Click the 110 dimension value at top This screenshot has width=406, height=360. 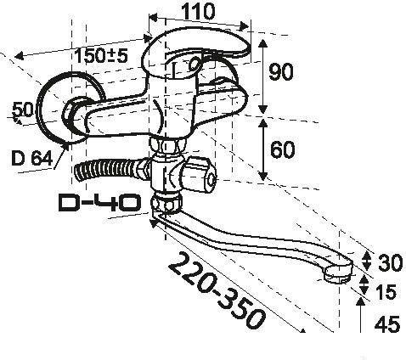[198, 12]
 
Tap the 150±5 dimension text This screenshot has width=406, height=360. [101, 55]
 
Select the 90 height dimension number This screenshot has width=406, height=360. [280, 72]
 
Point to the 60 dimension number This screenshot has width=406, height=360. [282, 149]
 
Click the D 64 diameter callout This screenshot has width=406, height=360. [31, 158]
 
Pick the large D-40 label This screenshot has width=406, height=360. [99, 202]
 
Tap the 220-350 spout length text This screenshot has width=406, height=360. [217, 290]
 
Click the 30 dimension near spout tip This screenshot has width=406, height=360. [390, 262]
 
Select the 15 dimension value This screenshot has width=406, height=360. [385, 292]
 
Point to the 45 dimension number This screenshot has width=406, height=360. [387, 324]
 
